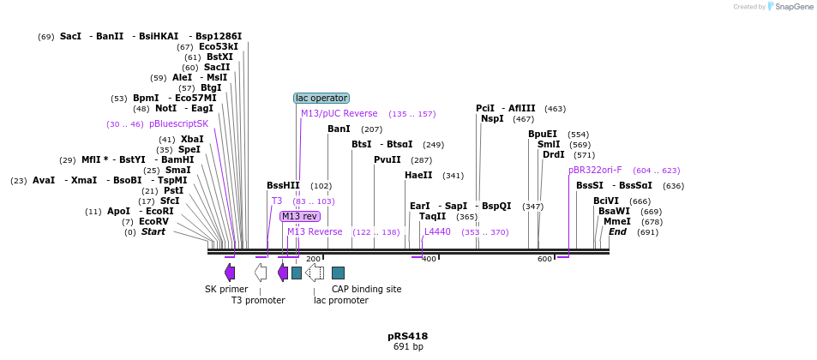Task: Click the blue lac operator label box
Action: click(321, 98)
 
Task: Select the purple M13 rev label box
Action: click(299, 216)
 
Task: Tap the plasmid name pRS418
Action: click(407, 336)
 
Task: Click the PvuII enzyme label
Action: click(387, 159)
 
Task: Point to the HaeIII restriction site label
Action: click(418, 175)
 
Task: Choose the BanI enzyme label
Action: click(339, 129)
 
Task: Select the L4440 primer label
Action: click(437, 231)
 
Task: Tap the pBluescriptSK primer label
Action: click(178, 123)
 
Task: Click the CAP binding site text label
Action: click(366, 289)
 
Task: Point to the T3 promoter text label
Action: click(258, 300)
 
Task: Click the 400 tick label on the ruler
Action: click(430, 259)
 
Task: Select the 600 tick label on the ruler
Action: click(544, 259)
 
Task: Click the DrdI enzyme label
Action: click(553, 154)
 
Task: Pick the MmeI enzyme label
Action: click(616, 221)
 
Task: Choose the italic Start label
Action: click(153, 231)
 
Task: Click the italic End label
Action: click(617, 231)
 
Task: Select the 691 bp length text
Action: click(407, 347)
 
